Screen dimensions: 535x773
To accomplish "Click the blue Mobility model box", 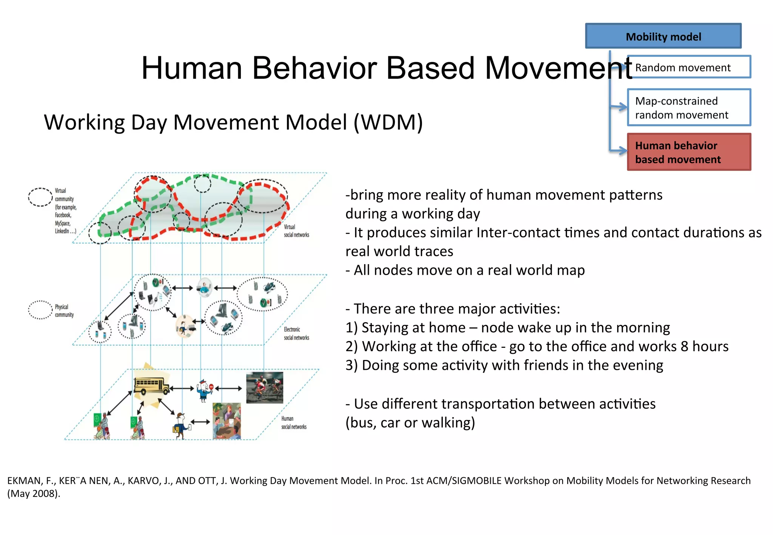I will (663, 36).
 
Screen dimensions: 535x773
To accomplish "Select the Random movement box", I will (689, 67).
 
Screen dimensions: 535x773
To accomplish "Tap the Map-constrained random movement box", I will (689, 108).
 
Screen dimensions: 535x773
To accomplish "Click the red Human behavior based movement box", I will (689, 152).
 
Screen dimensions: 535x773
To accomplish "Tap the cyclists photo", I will (264, 387).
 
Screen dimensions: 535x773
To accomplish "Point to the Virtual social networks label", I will (296, 231).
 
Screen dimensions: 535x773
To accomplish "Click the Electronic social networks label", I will (296, 334).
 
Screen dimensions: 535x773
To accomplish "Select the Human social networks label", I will (294, 423).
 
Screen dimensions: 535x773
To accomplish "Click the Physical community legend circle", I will (40, 310).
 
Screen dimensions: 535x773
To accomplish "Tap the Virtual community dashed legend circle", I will (40, 197).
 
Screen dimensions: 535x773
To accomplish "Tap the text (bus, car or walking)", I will (410, 423).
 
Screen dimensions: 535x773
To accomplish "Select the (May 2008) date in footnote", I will (34, 493).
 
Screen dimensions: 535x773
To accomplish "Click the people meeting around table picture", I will (226, 421).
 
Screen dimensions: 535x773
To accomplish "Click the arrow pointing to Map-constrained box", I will (619, 107).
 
